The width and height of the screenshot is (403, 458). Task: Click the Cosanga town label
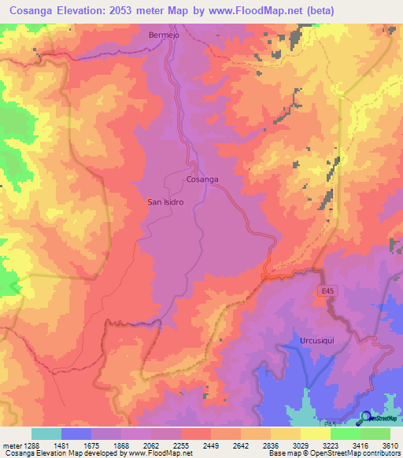pos(201,179)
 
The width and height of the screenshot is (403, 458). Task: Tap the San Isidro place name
pos(165,202)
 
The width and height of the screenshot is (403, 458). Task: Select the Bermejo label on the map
pos(165,35)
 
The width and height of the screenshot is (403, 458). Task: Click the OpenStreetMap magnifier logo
pos(364,418)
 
